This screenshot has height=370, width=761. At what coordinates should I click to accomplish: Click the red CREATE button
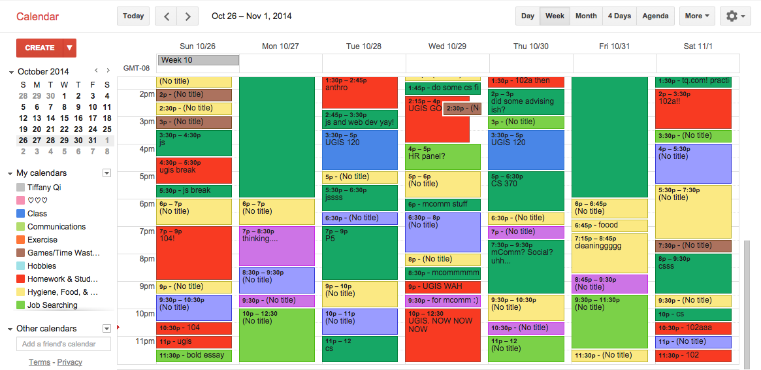pos(40,48)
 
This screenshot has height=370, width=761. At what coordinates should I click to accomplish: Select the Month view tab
pos(585,16)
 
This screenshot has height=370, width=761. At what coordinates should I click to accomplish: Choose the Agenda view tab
pos(655,16)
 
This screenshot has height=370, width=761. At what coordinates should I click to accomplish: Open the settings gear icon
pos(735,16)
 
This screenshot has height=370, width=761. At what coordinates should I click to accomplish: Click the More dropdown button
pos(697,16)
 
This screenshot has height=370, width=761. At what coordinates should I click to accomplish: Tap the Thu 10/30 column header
pos(530,46)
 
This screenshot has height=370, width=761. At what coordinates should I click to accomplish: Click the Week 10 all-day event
pos(199,60)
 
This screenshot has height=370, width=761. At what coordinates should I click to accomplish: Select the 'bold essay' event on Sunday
pos(194,356)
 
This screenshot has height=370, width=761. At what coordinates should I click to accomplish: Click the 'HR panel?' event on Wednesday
pos(443,157)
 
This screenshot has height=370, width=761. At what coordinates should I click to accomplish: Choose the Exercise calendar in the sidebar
pos(42,240)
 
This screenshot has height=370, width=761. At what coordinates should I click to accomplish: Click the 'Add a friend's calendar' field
pos(63,344)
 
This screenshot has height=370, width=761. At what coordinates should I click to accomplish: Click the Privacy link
pos(69,362)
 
